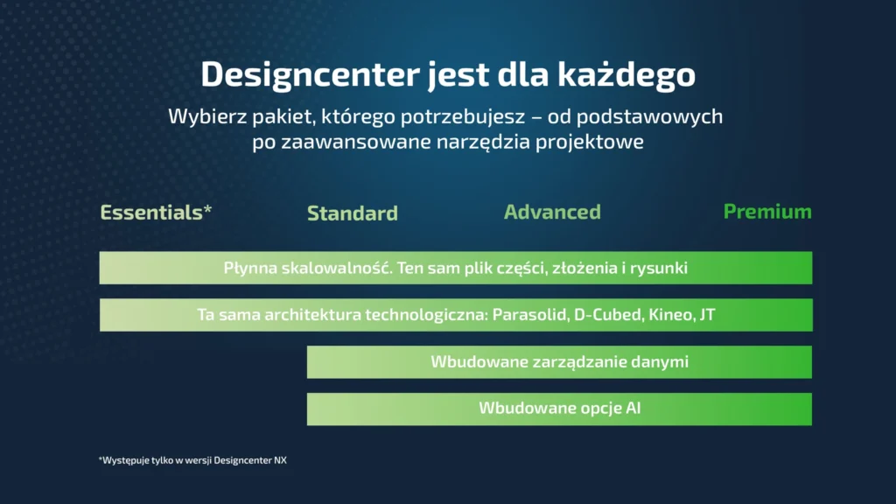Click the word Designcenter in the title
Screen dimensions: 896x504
(x=310, y=74)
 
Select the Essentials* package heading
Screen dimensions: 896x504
(x=156, y=212)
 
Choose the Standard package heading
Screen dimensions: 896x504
(x=353, y=213)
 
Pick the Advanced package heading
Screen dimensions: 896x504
(x=552, y=212)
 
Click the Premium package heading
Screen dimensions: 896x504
(x=767, y=212)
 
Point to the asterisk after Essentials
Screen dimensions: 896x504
(x=207, y=208)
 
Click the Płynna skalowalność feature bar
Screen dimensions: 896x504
(x=455, y=268)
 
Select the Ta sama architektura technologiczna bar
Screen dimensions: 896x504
(x=456, y=315)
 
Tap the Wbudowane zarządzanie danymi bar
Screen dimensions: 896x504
(x=559, y=361)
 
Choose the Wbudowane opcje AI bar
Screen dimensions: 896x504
(x=559, y=409)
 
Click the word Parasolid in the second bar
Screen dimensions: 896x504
(x=530, y=315)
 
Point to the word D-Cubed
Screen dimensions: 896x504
(x=609, y=315)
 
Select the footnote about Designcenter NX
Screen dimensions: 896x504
(x=192, y=460)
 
